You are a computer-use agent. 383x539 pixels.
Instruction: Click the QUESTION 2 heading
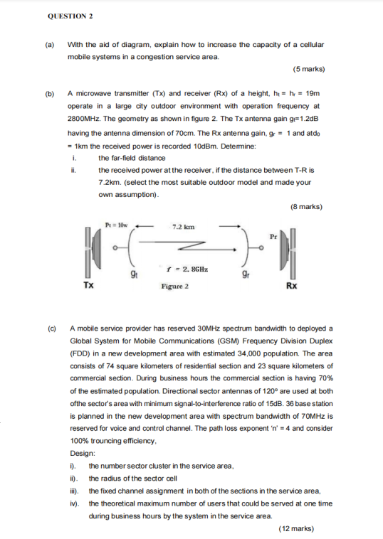coord(70,16)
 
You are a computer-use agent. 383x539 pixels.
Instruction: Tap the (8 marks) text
coord(306,207)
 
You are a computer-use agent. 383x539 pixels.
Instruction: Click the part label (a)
coord(50,44)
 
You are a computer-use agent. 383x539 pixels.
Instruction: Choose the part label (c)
coord(51,329)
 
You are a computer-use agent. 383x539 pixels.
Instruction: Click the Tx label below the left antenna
coord(88,286)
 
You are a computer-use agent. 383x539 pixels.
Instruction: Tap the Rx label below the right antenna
coord(291,286)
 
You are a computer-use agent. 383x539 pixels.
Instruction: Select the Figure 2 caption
coord(174,287)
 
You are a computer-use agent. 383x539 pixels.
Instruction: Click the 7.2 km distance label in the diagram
coord(183,227)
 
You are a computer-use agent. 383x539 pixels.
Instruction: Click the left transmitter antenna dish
coord(88,252)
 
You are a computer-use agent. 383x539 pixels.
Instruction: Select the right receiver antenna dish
coord(290,250)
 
